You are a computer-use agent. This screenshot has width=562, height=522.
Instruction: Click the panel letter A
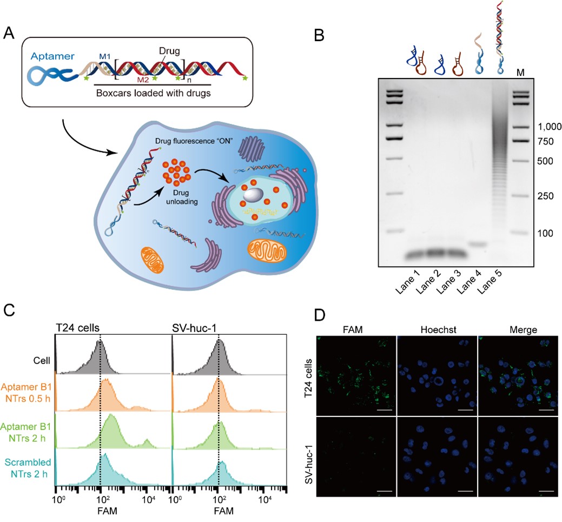pos(9,34)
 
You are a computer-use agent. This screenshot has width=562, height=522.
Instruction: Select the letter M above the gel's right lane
pos(521,73)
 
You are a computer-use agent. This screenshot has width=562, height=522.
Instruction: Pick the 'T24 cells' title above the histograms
pos(75,326)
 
